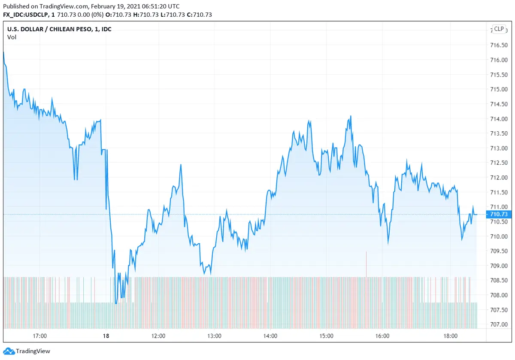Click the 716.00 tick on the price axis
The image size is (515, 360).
pyautogui.click(x=499, y=60)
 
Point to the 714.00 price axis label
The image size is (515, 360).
pyautogui.click(x=499, y=119)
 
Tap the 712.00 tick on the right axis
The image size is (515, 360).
pyautogui.click(x=499, y=178)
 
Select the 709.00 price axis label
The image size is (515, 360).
pyautogui.click(x=499, y=266)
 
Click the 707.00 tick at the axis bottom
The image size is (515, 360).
pyautogui.click(x=499, y=324)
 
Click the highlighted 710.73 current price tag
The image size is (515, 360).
pyautogui.click(x=498, y=214)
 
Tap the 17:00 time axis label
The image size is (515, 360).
pyautogui.click(x=40, y=336)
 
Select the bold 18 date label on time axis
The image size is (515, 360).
pyautogui.click(x=106, y=336)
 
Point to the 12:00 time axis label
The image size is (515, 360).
pyautogui.click(x=158, y=336)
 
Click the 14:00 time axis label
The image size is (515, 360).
pyautogui.click(x=270, y=336)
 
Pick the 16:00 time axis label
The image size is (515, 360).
pyautogui.click(x=382, y=336)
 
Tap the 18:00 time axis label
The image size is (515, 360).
pyautogui.click(x=451, y=336)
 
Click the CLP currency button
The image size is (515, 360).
pyautogui.click(x=499, y=29)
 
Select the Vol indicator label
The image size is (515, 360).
pyautogui.click(x=12, y=37)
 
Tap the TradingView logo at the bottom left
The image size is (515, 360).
pyautogui.click(x=27, y=351)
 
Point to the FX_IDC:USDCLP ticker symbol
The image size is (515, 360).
pyautogui.click(x=26, y=15)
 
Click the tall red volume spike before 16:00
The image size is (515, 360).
pyautogui.click(x=366, y=264)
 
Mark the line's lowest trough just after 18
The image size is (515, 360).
pyautogui.click(x=116, y=303)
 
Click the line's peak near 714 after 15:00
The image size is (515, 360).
pyautogui.click(x=351, y=116)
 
